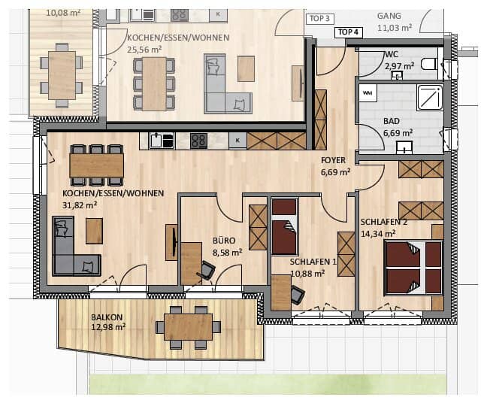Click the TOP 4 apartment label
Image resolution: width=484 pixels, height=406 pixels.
(348, 32)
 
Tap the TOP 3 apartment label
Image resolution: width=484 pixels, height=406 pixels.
(320, 19)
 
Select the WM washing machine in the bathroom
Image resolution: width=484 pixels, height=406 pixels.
(368, 93)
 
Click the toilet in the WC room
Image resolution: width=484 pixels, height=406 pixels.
(429, 64)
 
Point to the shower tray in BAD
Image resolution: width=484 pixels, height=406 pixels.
(430, 98)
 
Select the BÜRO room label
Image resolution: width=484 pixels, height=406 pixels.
(224, 241)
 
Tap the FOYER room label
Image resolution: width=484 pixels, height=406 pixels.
(334, 160)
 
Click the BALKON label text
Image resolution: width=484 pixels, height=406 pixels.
(107, 317)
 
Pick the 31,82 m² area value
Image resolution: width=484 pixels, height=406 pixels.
(80, 205)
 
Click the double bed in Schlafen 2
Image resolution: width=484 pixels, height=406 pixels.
(413, 268)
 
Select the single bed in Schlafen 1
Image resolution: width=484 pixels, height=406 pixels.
(284, 226)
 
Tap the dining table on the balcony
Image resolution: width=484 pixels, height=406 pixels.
(189, 327)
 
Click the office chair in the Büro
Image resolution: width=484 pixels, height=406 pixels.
(206, 270)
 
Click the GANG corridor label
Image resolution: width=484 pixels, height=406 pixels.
(389, 16)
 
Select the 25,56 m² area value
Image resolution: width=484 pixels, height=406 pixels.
(144, 50)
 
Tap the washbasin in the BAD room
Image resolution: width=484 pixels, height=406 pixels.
(404, 147)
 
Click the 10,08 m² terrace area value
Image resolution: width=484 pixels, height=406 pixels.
(63, 13)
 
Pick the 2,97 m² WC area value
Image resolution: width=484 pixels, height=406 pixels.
(399, 66)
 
